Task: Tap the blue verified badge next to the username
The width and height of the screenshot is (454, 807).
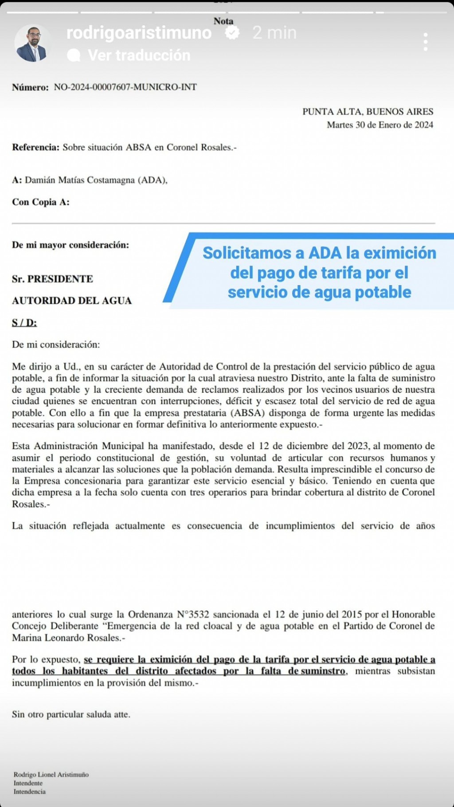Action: coord(232,33)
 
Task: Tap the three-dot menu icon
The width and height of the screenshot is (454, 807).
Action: coord(425,42)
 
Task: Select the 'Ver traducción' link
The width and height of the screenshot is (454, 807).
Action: coord(138,55)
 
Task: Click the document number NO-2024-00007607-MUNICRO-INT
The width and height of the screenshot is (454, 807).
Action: coord(125,87)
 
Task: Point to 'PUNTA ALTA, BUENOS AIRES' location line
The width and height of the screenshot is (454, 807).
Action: coord(368,112)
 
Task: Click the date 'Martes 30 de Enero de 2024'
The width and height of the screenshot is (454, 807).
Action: coord(380,125)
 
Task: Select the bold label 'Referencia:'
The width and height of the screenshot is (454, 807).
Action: coord(35,147)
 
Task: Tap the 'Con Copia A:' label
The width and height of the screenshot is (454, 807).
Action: coord(41,202)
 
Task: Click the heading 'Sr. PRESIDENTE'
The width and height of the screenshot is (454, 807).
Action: coord(52,279)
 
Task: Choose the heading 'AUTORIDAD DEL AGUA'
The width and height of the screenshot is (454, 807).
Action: coord(72,301)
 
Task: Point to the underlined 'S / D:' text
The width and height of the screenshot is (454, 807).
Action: coord(24,323)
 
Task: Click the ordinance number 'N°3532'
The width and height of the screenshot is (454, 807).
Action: coord(193,615)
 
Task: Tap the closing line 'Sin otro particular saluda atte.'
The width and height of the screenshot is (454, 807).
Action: coord(71,714)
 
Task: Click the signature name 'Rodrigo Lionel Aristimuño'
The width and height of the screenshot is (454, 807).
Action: coord(51,775)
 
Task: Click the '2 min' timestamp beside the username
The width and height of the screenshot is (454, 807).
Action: coord(274,33)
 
